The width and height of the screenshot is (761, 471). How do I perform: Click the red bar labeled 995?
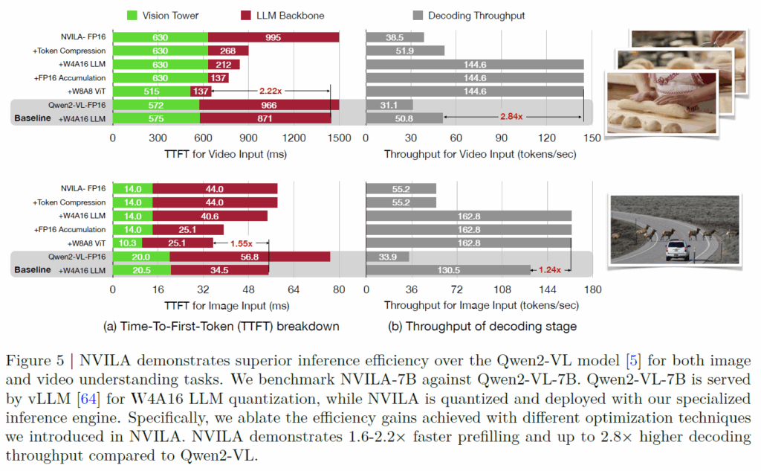273,37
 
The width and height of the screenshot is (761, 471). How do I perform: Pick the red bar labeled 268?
228,51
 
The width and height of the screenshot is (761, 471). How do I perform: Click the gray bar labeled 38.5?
395,37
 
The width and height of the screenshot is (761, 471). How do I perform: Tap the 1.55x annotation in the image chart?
241,243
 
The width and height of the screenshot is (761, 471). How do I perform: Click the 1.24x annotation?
550,269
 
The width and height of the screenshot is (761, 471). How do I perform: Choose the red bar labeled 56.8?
250,257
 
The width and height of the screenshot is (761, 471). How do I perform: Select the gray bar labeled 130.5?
448,270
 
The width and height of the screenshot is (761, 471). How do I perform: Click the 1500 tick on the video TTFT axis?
339,138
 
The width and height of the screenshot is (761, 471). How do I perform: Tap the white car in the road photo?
676,251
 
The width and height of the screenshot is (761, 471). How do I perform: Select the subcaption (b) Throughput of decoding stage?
483,326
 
